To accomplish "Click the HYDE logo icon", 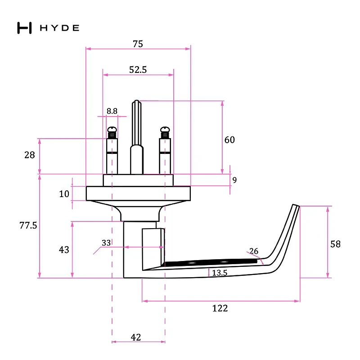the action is click(24, 28).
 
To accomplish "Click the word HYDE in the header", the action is click(60, 28).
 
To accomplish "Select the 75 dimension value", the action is click(138, 44).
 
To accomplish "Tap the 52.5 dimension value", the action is click(138, 70).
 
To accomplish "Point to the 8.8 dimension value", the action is click(112, 111).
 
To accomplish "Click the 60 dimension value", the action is click(229, 140).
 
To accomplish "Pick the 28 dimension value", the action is click(30, 155).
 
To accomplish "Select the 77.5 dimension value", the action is click(28, 225).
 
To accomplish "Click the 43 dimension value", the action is click(64, 250).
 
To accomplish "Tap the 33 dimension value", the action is click(106, 243).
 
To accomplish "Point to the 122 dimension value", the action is click(220, 308).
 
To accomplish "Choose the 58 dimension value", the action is click(335, 244).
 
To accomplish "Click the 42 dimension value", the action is click(136, 337).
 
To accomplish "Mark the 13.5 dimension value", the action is click(220, 273).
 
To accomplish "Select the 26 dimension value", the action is click(254, 251).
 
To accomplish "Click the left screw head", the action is click(112, 130).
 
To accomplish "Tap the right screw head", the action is click(165, 130).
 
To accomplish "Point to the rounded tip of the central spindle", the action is click(137, 102).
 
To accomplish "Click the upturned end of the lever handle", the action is click(296, 206).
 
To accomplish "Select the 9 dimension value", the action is click(234, 180).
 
